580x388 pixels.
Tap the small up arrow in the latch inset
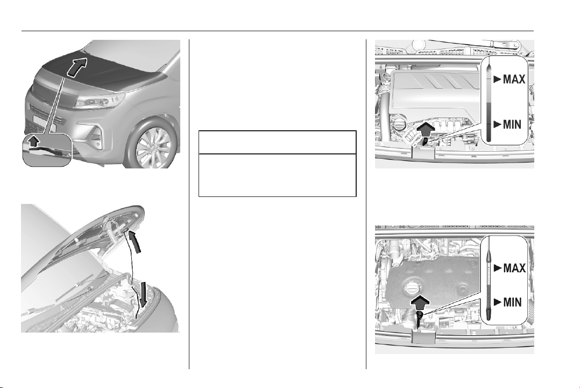34,140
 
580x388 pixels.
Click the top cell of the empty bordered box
278,142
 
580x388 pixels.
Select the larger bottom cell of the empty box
278,175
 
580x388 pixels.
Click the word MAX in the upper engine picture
514,79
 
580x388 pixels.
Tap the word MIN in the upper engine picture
512,125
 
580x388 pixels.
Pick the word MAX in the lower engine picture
514,267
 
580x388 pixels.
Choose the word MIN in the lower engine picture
512,302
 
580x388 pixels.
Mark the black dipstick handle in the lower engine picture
420,318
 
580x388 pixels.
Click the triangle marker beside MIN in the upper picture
498,124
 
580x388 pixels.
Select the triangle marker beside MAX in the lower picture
498,267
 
